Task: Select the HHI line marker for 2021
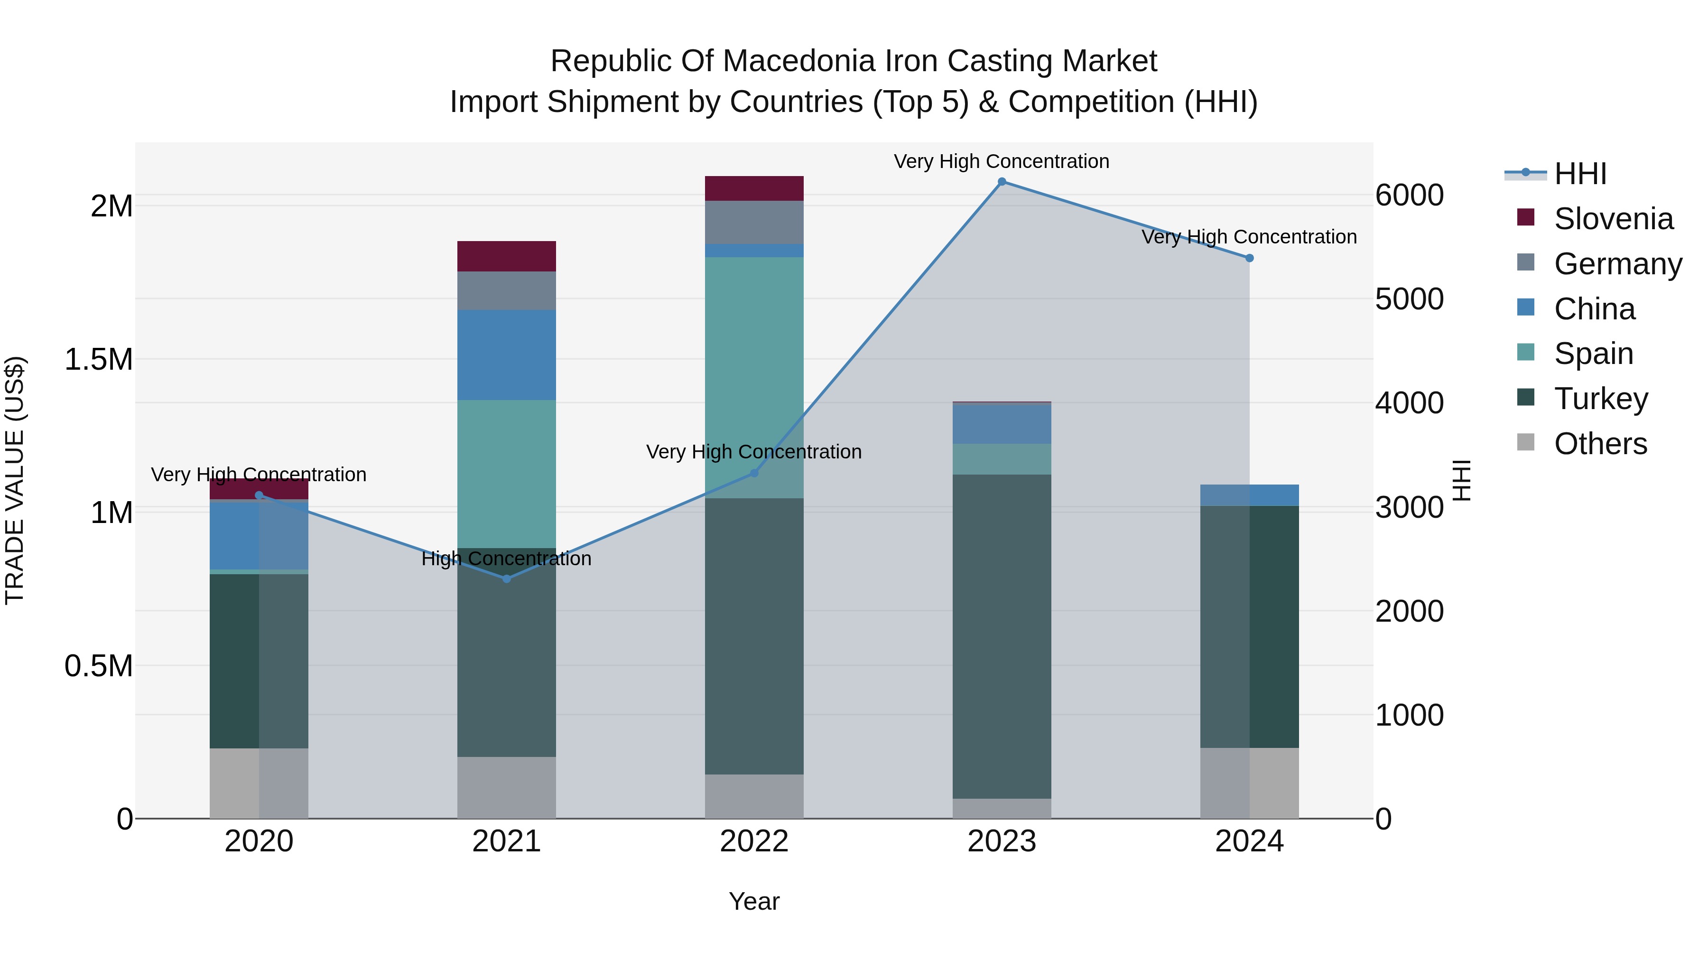pos(507,579)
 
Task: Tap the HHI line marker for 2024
pos(1249,258)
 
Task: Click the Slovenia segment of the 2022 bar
pos(754,188)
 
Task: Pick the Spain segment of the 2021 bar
pos(507,474)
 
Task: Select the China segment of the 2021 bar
pos(507,355)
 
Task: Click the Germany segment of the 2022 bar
pos(754,222)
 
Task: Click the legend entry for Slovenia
pos(1613,219)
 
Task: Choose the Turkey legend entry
pos(1601,399)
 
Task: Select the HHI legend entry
pos(1579,174)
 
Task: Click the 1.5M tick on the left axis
pos(98,359)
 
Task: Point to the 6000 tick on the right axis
pos(1409,195)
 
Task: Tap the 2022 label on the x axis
pos(754,841)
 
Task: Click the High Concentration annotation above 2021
pos(507,559)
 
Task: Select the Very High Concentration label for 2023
pos(1001,161)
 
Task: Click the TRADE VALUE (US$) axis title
pos(15,480)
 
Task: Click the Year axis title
pos(754,901)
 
